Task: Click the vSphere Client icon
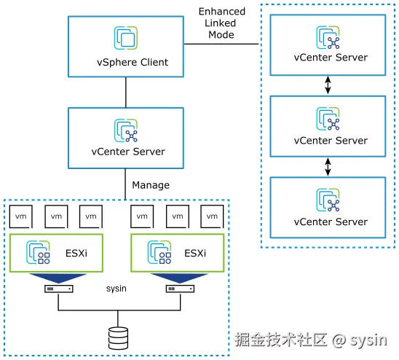point(125,38)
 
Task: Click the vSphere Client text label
point(127,62)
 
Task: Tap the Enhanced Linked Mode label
point(221,23)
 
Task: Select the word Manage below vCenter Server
point(151,185)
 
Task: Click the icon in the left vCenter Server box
point(126,130)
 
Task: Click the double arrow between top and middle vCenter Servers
point(328,85)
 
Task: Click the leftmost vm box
point(21,216)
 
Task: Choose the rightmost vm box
point(212,216)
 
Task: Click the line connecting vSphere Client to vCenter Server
point(127,92)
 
